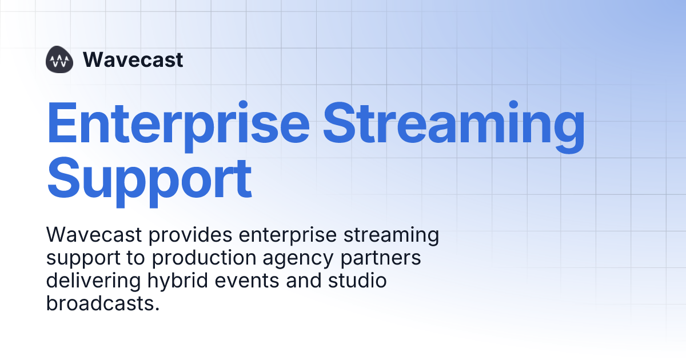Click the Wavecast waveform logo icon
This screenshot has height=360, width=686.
tap(59, 59)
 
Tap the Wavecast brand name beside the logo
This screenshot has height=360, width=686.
tap(133, 59)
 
